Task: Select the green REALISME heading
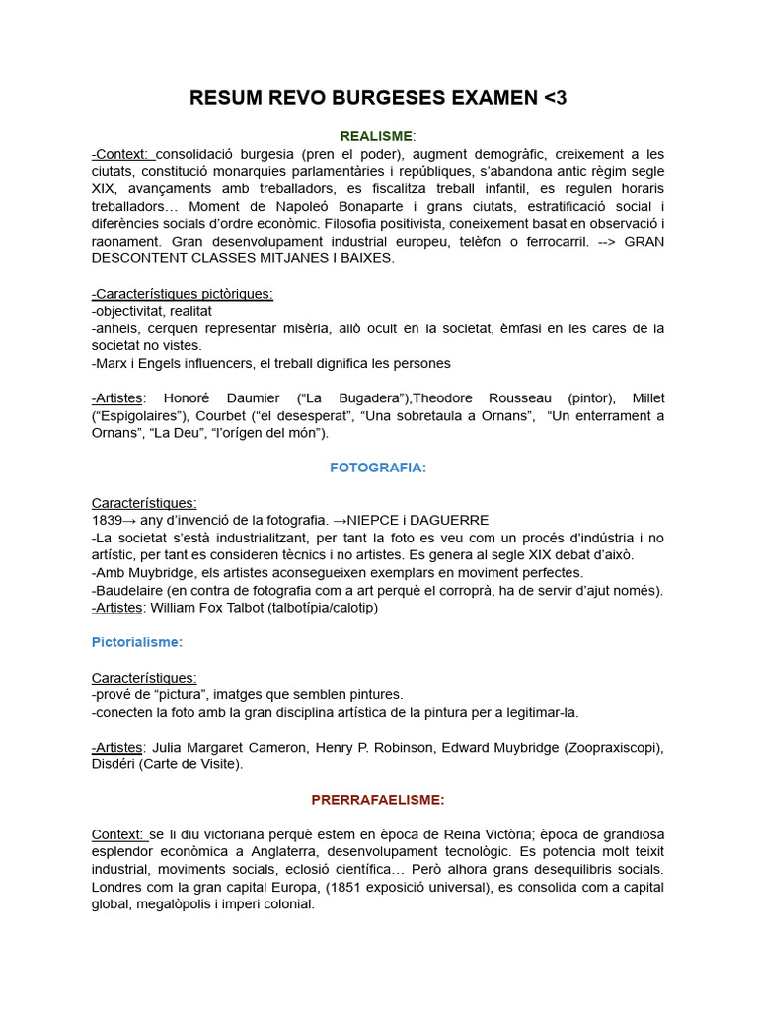[x=377, y=135]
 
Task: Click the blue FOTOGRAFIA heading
[x=378, y=468]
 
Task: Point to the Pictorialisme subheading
[x=136, y=641]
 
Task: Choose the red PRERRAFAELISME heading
[x=378, y=799]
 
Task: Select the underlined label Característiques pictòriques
[x=183, y=294]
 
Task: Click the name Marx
[x=111, y=363]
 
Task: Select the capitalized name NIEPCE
[x=380, y=520]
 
